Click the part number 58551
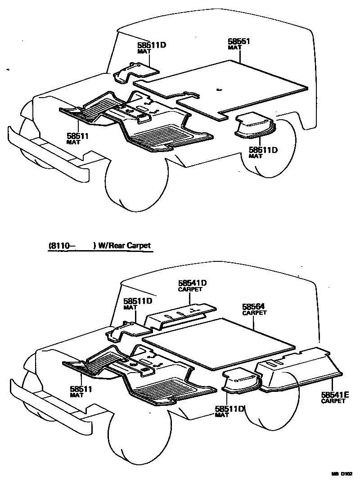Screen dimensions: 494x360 (238, 41)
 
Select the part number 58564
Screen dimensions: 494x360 (253, 306)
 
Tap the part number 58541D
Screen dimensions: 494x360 (192, 283)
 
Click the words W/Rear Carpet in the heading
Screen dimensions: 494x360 (124, 246)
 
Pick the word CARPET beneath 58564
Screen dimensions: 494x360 (254, 313)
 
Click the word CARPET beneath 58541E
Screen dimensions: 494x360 (333, 401)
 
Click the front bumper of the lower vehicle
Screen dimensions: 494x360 (45, 398)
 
